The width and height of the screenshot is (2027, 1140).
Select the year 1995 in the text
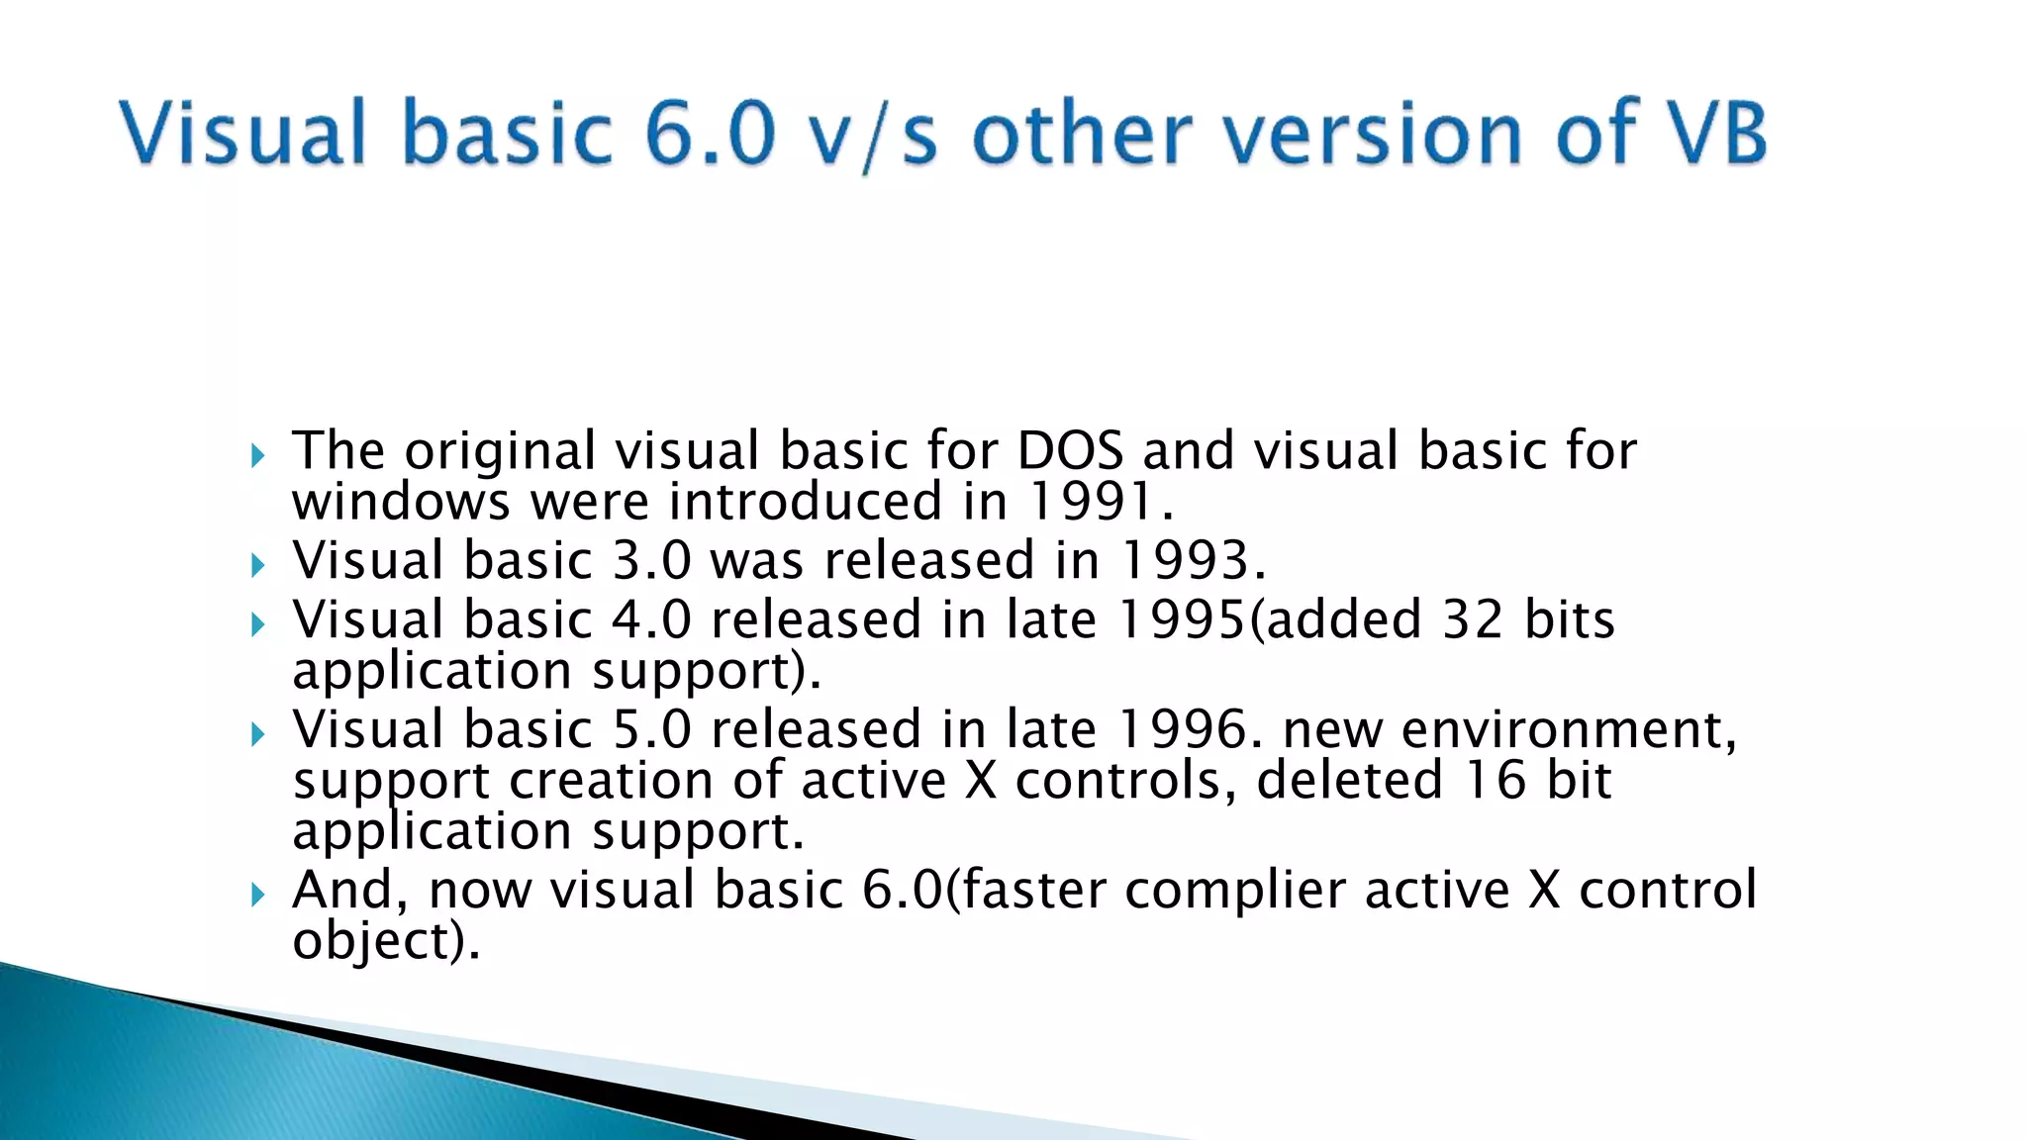[1182, 620]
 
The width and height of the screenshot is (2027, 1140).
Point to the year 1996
[1182, 730]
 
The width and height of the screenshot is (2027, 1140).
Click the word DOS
[1070, 451]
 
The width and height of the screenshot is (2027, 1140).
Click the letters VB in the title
[1719, 134]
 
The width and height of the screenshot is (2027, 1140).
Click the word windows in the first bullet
[400, 502]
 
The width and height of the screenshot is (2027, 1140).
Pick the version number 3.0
[651, 561]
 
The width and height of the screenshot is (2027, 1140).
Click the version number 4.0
[651, 620]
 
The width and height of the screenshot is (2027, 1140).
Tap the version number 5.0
[651, 730]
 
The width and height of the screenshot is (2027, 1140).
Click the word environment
[1568, 730]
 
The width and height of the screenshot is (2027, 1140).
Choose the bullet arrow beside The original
[258, 456]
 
